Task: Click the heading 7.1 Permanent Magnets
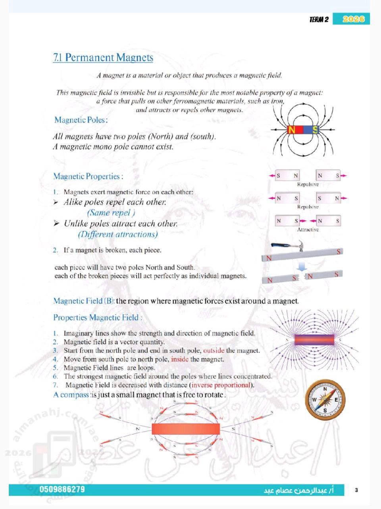103,58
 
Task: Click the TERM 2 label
319,19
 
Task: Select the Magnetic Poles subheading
81,120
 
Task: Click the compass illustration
325,400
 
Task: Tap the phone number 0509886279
62,489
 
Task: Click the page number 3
356,490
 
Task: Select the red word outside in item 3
214,350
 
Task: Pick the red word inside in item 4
179,359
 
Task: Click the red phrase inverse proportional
221,385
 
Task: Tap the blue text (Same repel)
111,213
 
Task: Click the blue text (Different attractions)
118,234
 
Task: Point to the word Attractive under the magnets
308,229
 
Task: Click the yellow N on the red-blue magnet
292,130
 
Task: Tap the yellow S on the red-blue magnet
315,130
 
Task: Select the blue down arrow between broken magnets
302,266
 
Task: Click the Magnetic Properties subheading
88,176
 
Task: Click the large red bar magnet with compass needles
186,429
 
